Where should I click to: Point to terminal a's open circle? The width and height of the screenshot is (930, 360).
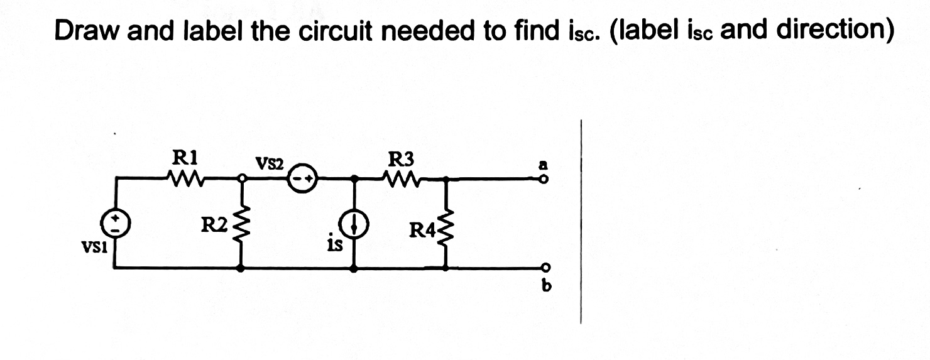[x=545, y=180]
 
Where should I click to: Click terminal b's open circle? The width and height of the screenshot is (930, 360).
[x=545, y=268]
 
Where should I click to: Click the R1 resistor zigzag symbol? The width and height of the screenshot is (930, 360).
[x=185, y=178]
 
